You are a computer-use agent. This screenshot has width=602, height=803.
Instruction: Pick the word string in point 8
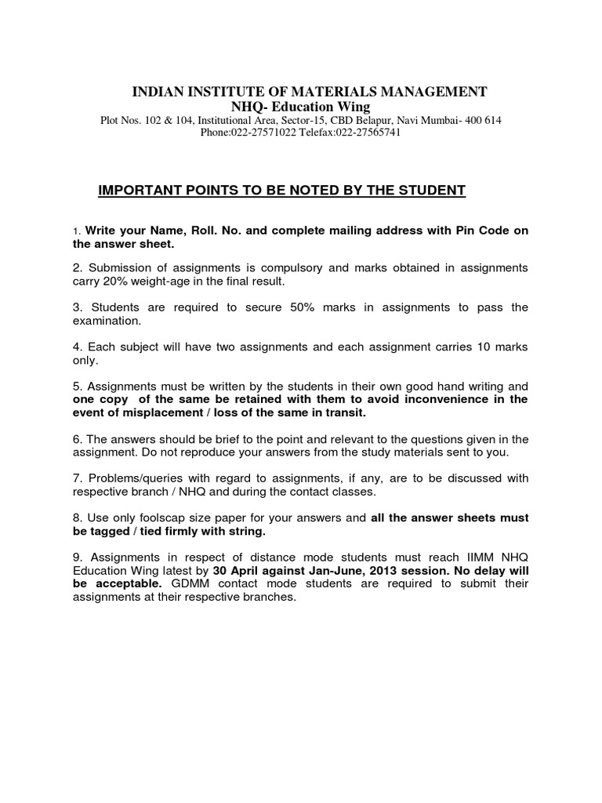(245, 531)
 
